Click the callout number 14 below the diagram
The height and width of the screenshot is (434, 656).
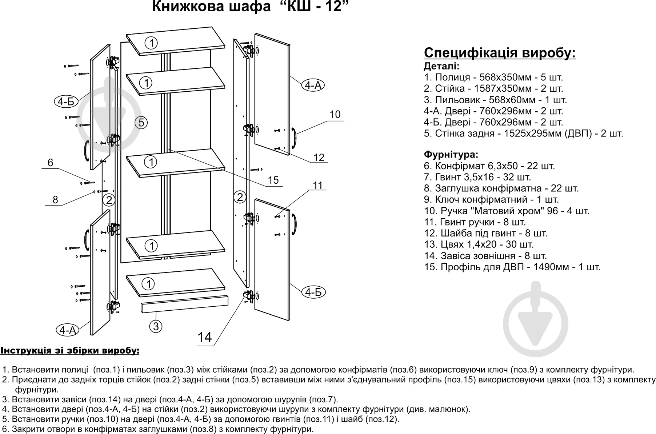[x=204, y=337]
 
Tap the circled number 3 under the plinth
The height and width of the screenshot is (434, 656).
[x=156, y=326]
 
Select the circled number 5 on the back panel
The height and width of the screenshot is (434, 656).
[x=141, y=123]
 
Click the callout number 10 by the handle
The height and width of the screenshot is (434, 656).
[x=335, y=114]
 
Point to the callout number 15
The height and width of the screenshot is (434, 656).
[x=273, y=180]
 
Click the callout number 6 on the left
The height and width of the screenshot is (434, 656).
[x=50, y=163]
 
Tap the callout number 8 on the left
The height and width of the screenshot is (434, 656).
[x=55, y=199]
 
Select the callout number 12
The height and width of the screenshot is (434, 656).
[x=319, y=157]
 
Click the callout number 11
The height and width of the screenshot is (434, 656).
[x=317, y=185]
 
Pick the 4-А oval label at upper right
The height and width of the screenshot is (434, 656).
[x=313, y=85]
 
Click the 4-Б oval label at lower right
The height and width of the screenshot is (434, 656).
[x=313, y=292]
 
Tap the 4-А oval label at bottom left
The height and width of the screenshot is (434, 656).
[x=68, y=330]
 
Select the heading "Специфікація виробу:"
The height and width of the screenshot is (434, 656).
[x=500, y=53]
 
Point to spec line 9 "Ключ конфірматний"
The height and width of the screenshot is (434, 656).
[x=491, y=199]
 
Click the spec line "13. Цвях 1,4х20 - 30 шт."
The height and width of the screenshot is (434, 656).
[x=479, y=244]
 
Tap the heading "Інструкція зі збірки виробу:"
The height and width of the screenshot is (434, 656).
[x=70, y=351]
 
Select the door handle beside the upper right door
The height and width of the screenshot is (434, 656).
[x=294, y=139]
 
